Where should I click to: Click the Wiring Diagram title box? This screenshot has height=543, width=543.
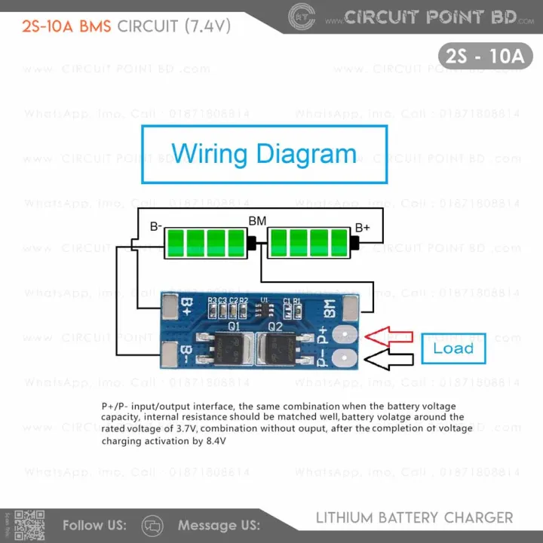pos(264,154)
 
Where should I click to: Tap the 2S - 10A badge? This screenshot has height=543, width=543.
pos(484,56)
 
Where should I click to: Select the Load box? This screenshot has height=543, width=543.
pos(453,348)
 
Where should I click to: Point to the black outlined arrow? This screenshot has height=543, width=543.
pos(388,361)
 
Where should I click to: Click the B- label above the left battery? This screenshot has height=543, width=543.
pos(156,226)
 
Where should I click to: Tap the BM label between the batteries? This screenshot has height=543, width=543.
pos(257,221)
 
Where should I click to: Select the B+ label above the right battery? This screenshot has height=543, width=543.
pos(363,226)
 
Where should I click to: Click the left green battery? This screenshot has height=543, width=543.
pos(205,243)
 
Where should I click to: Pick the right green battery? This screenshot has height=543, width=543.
pos(309,243)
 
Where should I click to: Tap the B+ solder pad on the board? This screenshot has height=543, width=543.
pos(170,305)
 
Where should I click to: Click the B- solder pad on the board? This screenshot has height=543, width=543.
pos(170,353)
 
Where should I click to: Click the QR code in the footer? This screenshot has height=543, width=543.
pos(30,524)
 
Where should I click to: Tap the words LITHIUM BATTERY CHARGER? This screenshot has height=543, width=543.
pos(414,518)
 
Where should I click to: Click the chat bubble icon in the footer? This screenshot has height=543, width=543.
pos(152,525)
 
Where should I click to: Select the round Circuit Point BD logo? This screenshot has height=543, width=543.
pos(302,16)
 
